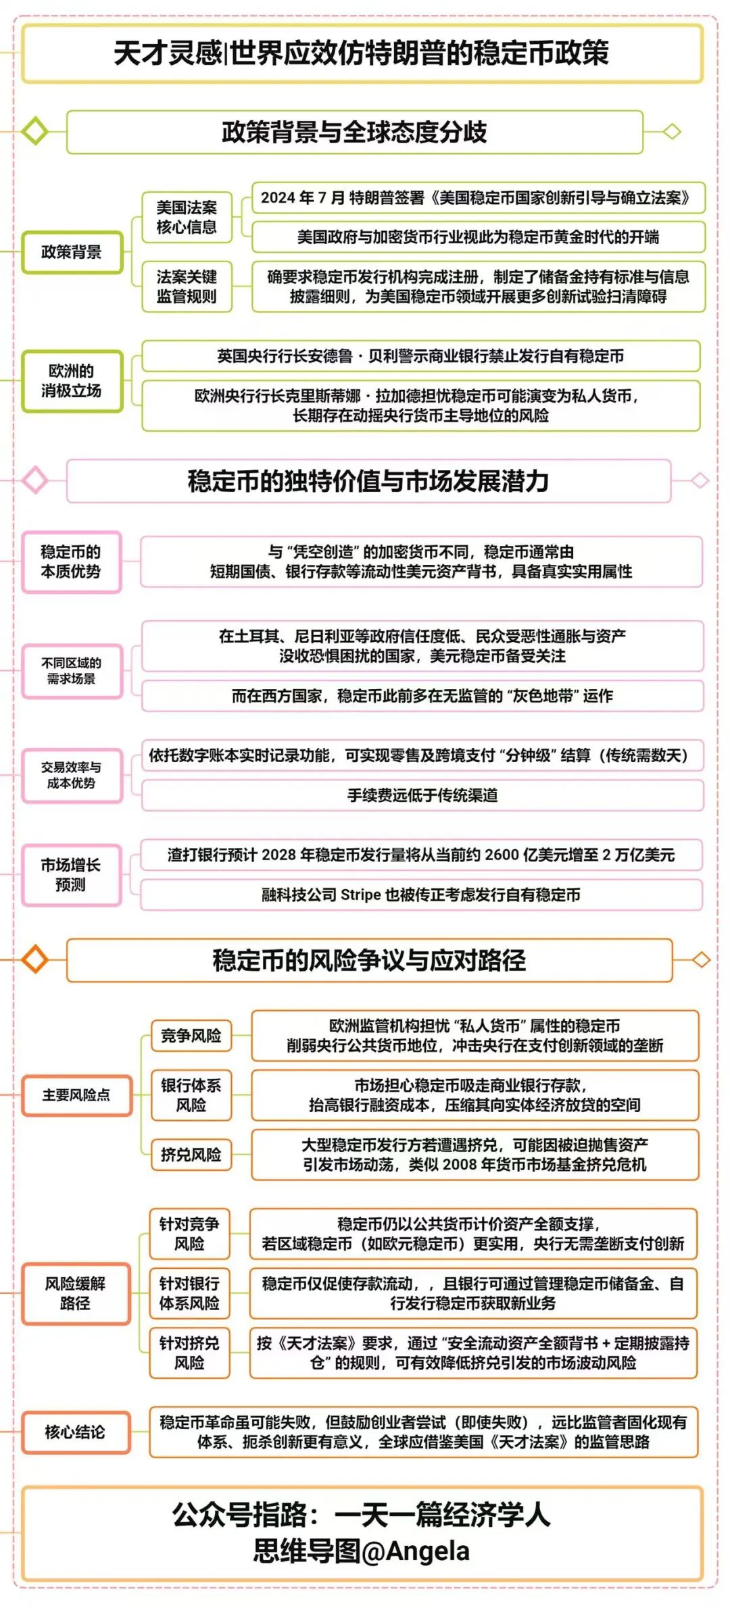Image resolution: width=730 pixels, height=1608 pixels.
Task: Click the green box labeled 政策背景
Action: pos(72,253)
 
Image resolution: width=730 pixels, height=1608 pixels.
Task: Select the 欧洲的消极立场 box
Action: pos(72,381)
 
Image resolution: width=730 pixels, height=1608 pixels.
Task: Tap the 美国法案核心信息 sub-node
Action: pos(187,218)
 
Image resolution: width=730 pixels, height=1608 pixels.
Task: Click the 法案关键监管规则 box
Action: pos(187,286)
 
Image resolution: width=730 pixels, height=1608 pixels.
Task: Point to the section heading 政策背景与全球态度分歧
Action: pos(354,132)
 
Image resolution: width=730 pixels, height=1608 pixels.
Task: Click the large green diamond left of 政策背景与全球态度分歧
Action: pos(34,131)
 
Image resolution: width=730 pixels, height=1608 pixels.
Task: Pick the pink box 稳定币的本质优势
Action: pos(71,562)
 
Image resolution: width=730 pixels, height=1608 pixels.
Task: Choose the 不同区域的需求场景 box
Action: pos(72,671)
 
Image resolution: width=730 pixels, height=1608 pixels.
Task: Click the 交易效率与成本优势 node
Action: pos(72,776)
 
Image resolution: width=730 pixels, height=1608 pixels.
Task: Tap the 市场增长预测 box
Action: pos(71,875)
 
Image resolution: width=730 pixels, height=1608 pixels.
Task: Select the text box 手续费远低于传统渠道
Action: pos(422,796)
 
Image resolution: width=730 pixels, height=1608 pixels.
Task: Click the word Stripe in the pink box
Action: pos(361,895)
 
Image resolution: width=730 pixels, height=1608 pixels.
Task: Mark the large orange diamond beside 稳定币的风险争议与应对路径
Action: pos(34,959)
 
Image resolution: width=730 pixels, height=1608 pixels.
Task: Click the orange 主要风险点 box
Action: pos(76,1095)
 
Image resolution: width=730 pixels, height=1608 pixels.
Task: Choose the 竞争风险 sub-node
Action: pos(191,1036)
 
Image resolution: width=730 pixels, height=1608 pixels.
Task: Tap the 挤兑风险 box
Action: pos(191,1155)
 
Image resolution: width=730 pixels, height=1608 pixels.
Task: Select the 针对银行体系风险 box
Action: pos(189,1293)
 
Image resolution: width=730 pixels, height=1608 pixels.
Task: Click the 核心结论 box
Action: pos(75,1432)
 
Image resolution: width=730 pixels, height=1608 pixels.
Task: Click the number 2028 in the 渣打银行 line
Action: pos(279,855)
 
